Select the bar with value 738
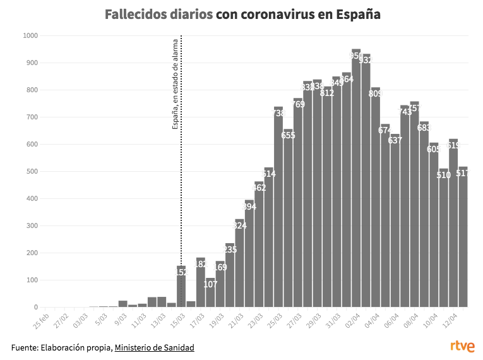278,208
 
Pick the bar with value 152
181,287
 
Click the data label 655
289,135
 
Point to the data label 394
249,207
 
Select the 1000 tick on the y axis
30,36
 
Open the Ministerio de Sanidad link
154,347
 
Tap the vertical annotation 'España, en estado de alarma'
176,84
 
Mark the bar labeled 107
210,294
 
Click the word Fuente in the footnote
24,347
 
